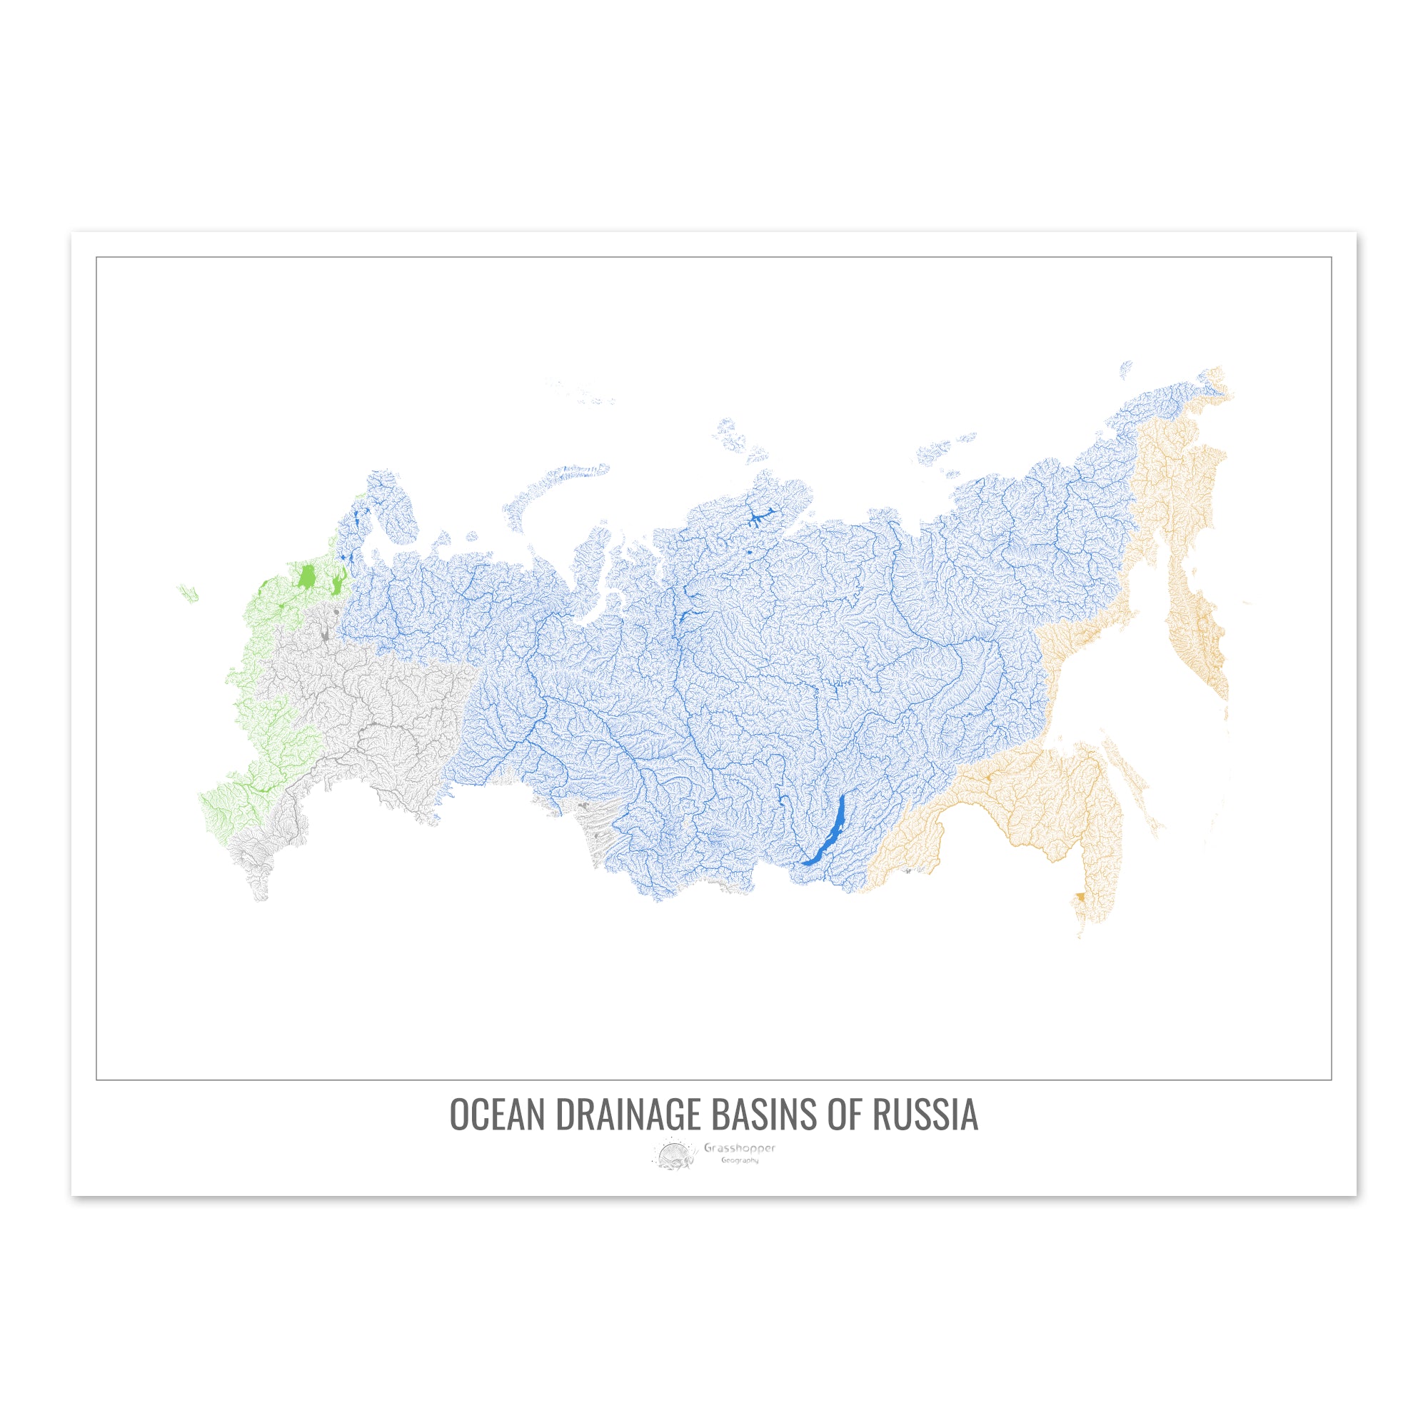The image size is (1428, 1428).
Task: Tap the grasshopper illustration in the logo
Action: (675, 1155)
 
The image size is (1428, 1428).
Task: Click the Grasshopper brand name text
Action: (739, 1148)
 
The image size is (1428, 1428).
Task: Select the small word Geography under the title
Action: (740, 1160)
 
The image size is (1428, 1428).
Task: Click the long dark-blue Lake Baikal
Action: (826, 831)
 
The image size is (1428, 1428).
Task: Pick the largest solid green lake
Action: (306, 575)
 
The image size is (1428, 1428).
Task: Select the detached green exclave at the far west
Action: (188, 592)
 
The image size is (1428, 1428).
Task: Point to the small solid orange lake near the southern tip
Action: (1080, 897)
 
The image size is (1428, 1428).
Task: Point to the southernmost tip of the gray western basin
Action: (259, 899)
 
